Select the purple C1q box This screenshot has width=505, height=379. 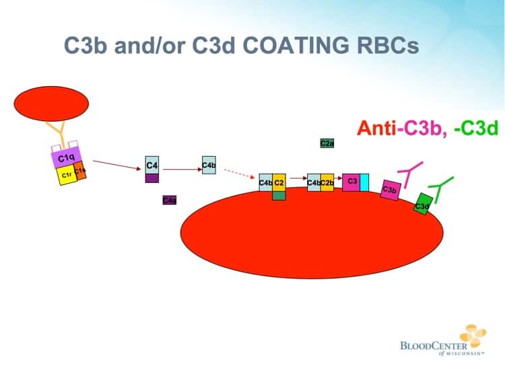65,158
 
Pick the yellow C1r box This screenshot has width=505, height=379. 66,176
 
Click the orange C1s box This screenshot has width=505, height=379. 79,171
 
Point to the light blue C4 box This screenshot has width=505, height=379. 152,166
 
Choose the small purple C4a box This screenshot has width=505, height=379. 170,200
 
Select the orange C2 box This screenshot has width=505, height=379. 279,182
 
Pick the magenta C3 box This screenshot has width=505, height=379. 351,182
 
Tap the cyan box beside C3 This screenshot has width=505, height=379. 364,182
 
